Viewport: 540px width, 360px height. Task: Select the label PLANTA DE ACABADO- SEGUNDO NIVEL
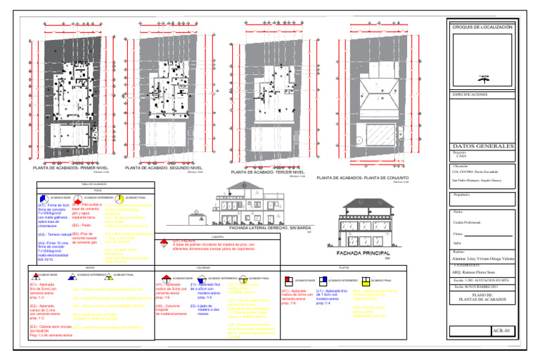coord(164,169)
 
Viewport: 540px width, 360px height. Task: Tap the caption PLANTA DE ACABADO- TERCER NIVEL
coord(267,172)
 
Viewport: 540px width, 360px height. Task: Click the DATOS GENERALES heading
coord(487,146)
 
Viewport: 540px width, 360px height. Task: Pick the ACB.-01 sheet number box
coord(501,329)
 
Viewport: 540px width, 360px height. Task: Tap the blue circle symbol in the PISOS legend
coord(44,198)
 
